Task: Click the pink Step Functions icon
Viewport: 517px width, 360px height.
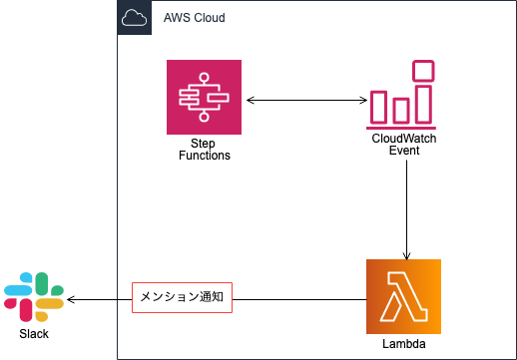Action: [204, 97]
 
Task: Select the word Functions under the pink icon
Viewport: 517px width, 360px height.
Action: [204, 156]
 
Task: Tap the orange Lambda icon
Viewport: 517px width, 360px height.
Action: [403, 296]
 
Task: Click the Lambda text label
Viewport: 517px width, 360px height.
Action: [403, 344]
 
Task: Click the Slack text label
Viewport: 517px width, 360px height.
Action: [33, 333]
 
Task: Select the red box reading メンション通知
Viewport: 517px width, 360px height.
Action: [182, 298]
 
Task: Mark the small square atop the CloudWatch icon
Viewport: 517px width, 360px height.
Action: [424, 71]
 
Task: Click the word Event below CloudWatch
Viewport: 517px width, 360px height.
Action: [403, 155]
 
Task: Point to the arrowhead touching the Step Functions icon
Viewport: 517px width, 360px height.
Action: [250, 99]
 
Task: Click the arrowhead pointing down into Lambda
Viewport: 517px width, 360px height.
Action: [406, 252]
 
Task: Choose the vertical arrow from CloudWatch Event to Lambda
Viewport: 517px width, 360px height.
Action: [406, 209]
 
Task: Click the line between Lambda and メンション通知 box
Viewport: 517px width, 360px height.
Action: [299, 298]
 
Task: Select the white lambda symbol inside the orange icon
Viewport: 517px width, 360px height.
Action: [403, 296]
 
